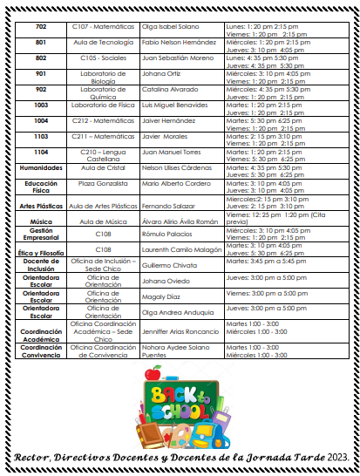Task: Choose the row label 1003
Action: click(x=41, y=105)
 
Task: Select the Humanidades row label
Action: click(x=41, y=167)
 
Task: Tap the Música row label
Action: click(x=41, y=222)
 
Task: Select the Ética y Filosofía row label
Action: click(x=41, y=252)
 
